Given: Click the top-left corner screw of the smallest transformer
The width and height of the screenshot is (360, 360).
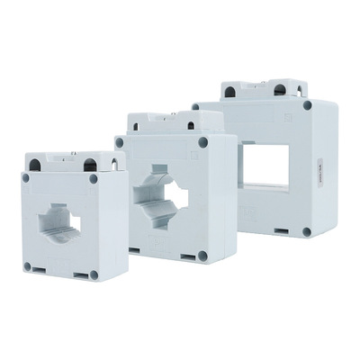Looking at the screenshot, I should tap(26, 178).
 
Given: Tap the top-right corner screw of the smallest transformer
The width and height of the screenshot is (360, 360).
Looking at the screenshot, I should tap(94, 179).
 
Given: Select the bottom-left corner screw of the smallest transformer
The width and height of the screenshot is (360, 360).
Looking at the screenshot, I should tap(27, 266).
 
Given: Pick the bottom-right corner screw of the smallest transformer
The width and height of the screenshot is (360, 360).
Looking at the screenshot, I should tap(94, 274).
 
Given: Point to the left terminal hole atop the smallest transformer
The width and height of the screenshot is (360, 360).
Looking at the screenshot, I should tap(35, 165).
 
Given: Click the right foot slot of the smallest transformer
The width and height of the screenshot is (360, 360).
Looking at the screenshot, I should tap(81, 274).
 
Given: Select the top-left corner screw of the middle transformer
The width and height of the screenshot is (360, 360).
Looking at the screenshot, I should tap(120, 142).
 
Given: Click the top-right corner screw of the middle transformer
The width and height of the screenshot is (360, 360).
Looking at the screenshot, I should tap(202, 142).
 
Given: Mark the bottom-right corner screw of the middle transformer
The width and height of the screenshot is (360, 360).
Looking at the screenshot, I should tap(202, 256).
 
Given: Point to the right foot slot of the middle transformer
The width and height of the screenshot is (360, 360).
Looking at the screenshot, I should tap(187, 256).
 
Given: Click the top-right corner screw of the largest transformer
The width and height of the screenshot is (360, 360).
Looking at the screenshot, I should tap(307, 105).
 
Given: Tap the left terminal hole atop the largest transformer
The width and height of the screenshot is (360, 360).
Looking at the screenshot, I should tap(230, 92).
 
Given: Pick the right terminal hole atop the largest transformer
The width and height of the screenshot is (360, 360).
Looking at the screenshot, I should tap(280, 90).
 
